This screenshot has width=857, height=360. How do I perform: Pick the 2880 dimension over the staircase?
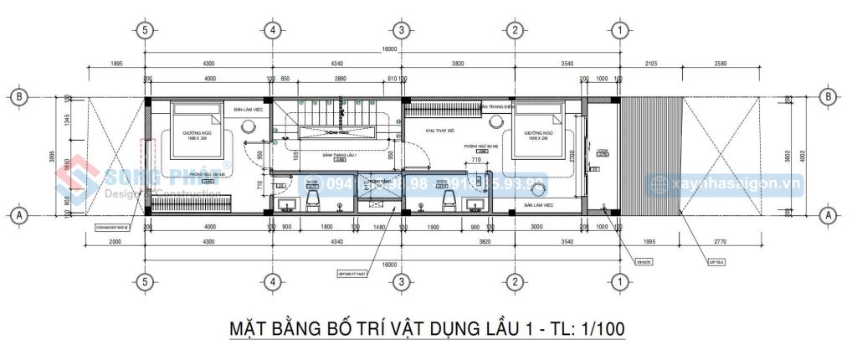340,79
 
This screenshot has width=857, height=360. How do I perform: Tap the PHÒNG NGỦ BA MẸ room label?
482,146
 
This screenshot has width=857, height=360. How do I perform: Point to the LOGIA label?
602,152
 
